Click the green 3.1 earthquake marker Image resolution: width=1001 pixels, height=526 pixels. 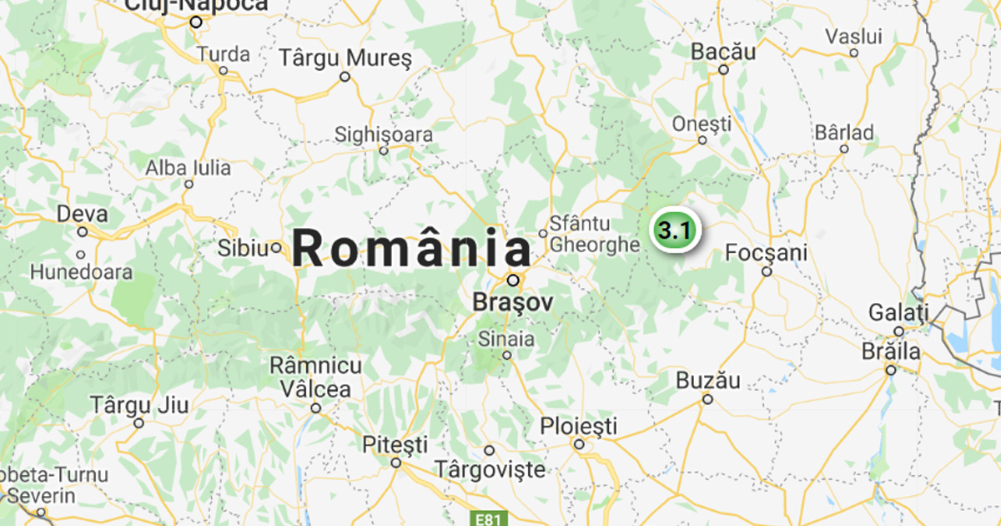[673, 230]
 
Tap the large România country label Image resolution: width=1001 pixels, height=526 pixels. [412, 250]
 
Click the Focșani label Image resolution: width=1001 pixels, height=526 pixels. [767, 252]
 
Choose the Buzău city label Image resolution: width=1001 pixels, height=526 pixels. [707, 381]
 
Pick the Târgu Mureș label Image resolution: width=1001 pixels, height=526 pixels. [345, 58]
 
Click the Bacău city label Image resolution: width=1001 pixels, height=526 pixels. [723, 52]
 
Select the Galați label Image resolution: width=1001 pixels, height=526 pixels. [898, 313]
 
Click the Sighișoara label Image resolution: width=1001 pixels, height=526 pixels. [384, 134]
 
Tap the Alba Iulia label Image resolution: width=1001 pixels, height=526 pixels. [189, 168]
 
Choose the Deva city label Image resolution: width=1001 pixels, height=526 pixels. [82, 214]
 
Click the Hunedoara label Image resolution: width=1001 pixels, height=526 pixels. [82, 272]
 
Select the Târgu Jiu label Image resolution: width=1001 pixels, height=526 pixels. [139, 406]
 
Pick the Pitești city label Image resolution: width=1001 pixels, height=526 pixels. [395, 444]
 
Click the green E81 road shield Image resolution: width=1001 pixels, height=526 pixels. [488, 519]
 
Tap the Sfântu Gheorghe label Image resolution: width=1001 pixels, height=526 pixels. [593, 235]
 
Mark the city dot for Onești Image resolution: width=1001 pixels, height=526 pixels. [702, 140]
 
